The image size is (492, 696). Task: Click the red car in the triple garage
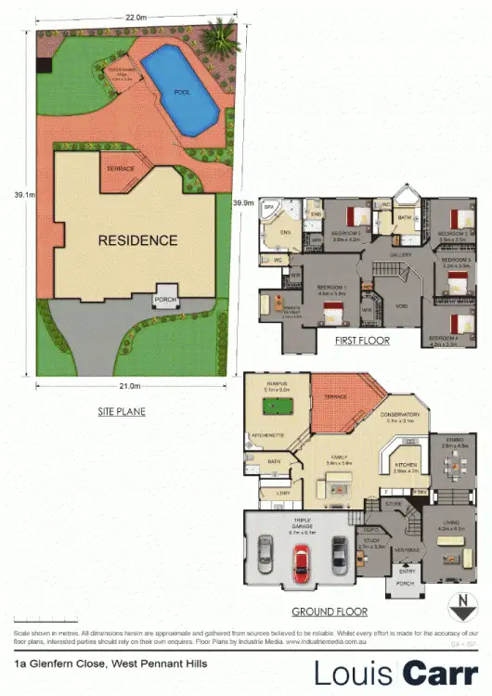pyautogui.click(x=300, y=561)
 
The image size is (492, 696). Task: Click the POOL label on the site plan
pyautogui.click(x=182, y=92)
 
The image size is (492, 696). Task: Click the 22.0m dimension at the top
pyautogui.click(x=136, y=18)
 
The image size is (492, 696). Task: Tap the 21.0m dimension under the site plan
pyautogui.click(x=130, y=385)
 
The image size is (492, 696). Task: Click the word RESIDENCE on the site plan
pyautogui.click(x=137, y=240)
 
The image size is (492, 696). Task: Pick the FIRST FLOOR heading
pyautogui.click(x=362, y=342)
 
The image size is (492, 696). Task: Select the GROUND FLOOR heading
pyautogui.click(x=329, y=612)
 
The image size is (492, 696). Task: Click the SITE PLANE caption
pyautogui.click(x=121, y=410)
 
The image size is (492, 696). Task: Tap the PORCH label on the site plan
pyautogui.click(x=166, y=299)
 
